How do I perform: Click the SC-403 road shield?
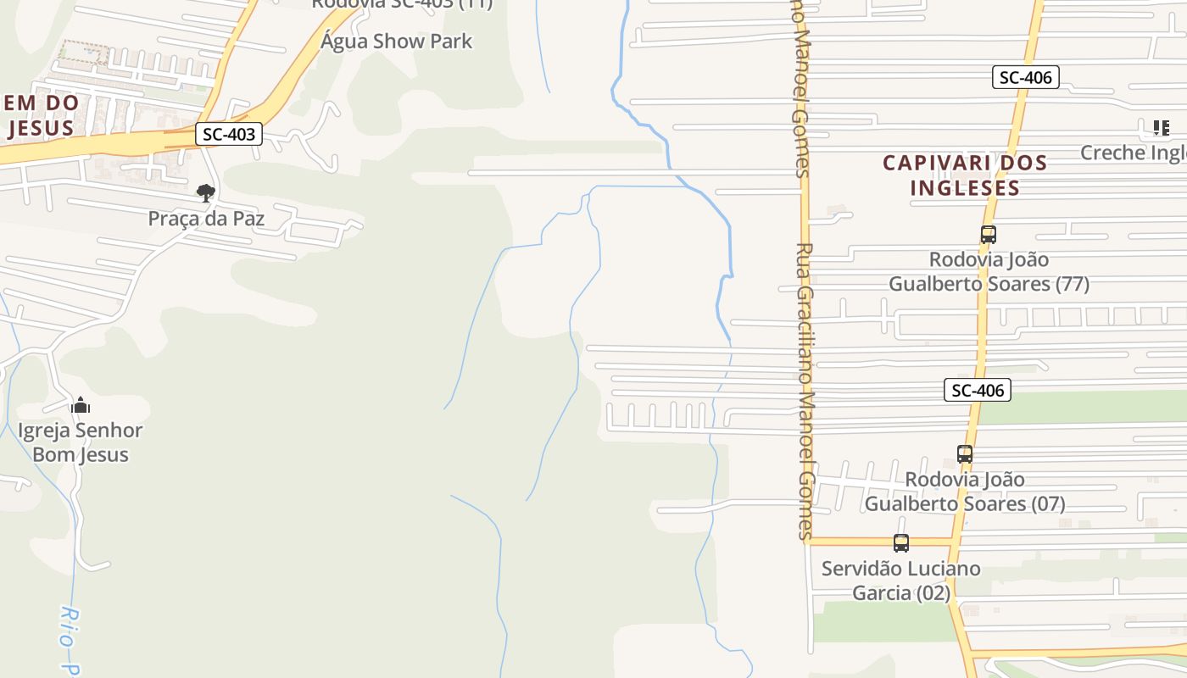[x=229, y=133]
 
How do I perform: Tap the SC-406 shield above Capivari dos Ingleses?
[x=1025, y=77]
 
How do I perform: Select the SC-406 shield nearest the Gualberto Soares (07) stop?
[x=977, y=390]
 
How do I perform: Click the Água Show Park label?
[x=396, y=41]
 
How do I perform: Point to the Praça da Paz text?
[x=206, y=219]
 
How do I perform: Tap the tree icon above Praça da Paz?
[x=205, y=193]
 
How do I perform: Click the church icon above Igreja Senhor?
[x=81, y=405]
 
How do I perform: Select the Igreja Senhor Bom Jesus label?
[x=81, y=442]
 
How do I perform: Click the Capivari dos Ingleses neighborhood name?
[x=965, y=175]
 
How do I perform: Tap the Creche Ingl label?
[x=1133, y=153]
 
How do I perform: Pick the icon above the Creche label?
[x=1161, y=128]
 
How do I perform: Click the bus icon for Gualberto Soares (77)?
[x=988, y=235]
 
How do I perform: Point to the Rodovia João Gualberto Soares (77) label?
[x=989, y=271]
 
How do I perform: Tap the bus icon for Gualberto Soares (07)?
[x=964, y=454]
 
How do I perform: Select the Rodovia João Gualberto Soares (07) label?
[x=965, y=492]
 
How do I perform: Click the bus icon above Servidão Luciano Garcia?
[x=900, y=543]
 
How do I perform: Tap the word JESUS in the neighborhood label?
[x=41, y=128]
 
